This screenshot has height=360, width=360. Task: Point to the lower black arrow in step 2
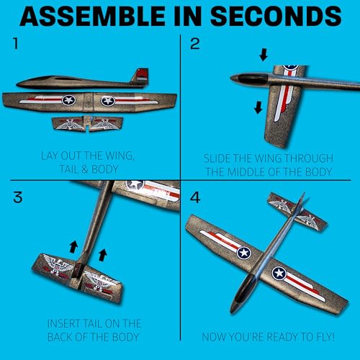pos(257,108)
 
